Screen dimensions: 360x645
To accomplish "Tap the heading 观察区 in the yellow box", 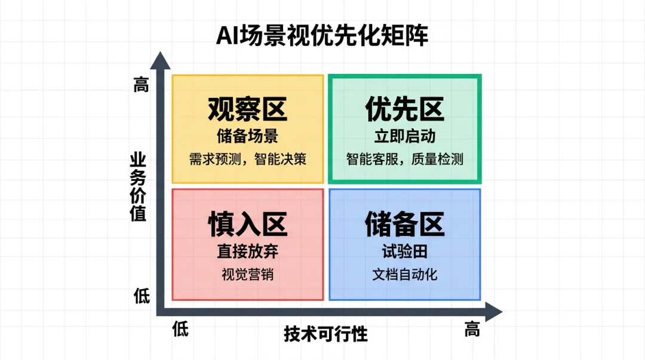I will (247, 109).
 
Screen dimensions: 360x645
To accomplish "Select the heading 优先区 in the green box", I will (404, 109).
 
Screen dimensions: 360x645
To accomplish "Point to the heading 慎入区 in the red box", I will (247, 224).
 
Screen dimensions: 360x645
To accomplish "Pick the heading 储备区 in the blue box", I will (404, 224).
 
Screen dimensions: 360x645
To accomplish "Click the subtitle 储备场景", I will (247, 136).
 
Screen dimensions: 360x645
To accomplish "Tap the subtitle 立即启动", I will (404, 136).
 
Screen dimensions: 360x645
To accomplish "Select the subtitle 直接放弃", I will (247, 251).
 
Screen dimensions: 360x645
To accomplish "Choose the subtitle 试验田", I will (404, 251).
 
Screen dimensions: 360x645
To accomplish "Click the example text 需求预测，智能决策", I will (247, 159).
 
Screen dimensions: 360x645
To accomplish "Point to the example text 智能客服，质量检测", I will (404, 159).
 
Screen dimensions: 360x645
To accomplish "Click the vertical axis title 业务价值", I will (139, 187).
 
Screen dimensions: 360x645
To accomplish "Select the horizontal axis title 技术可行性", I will (325, 334).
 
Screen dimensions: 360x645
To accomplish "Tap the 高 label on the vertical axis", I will (140, 86).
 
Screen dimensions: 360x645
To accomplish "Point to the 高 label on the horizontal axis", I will (472, 329).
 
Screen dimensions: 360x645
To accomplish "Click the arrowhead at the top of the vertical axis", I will (160, 59).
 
